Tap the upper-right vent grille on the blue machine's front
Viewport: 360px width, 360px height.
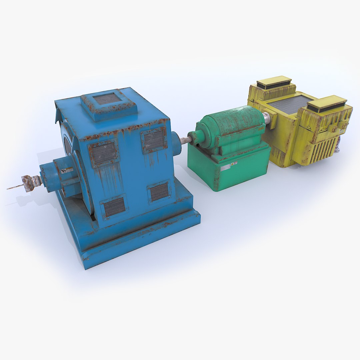(154, 140)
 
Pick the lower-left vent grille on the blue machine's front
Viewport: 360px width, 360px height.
(114, 207)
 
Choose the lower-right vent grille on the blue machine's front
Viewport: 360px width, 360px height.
(159, 192)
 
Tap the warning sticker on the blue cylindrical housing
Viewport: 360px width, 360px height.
(67, 170)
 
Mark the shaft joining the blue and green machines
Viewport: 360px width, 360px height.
(184, 140)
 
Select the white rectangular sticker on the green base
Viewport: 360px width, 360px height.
(225, 167)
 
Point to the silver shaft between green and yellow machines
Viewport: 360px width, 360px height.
(267, 118)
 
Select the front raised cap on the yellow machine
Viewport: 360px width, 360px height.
(327, 103)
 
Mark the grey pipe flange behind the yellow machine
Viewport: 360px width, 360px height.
(338, 147)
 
